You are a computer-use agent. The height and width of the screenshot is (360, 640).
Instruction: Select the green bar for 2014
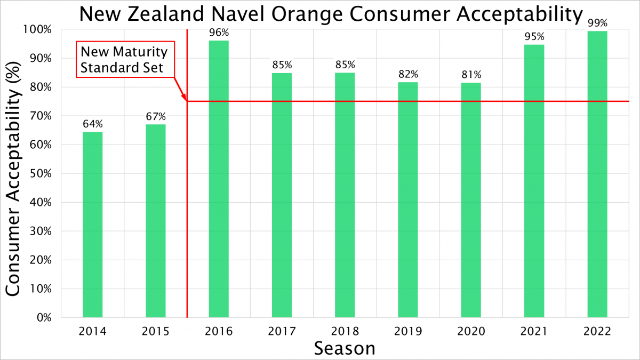pyautogui.click(x=92, y=225)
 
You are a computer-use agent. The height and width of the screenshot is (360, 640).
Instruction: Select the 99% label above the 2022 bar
pyautogui.click(x=597, y=23)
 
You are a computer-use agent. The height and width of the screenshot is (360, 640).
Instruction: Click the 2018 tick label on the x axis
pyautogui.click(x=345, y=331)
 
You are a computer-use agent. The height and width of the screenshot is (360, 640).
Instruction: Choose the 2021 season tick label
pyautogui.click(x=534, y=331)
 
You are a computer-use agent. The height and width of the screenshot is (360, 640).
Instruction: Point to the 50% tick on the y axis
pyautogui.click(x=41, y=174)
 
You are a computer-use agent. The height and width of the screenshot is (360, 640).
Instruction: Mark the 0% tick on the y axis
pyautogui.click(x=43, y=318)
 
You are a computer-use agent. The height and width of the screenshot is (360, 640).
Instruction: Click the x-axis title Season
pyautogui.click(x=345, y=348)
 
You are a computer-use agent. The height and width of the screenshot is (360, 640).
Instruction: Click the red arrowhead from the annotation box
pyautogui.click(x=185, y=98)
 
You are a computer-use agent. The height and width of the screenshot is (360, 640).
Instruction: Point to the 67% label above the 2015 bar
pyautogui.click(x=156, y=117)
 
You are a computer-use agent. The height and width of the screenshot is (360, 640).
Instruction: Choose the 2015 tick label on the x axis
pyautogui.click(x=156, y=331)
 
